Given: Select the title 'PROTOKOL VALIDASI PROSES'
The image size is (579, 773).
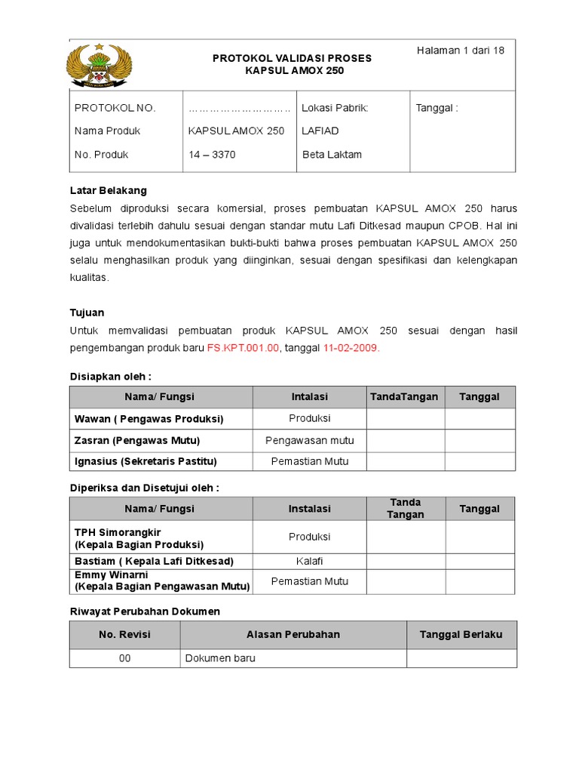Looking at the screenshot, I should click(293, 58).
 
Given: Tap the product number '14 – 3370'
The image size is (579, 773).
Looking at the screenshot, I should click(212, 155).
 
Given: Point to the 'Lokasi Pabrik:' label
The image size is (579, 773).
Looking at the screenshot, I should click(335, 108).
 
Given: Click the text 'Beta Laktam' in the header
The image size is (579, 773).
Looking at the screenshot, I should click(332, 155).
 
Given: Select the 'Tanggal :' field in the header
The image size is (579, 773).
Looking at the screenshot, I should click(437, 108).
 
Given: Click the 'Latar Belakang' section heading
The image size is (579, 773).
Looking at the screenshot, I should click(108, 190).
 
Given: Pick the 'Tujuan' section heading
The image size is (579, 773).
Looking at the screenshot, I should click(87, 313).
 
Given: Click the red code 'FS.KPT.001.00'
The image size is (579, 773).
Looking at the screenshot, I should click(243, 348).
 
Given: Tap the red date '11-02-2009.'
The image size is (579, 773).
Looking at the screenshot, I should click(351, 348).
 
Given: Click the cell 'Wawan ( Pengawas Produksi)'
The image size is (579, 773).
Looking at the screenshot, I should click(149, 418).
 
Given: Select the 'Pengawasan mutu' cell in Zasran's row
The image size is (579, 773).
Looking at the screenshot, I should click(309, 440).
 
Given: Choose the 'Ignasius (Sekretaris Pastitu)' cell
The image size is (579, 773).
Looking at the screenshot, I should click(146, 461).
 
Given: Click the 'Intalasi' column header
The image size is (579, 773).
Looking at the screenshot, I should click(309, 397).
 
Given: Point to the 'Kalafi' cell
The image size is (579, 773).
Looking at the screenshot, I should click(309, 561).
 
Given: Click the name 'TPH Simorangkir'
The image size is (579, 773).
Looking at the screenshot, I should click(118, 532).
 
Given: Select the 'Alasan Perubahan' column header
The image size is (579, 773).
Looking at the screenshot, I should click(293, 634).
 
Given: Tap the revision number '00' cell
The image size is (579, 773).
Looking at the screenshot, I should click(124, 658).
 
